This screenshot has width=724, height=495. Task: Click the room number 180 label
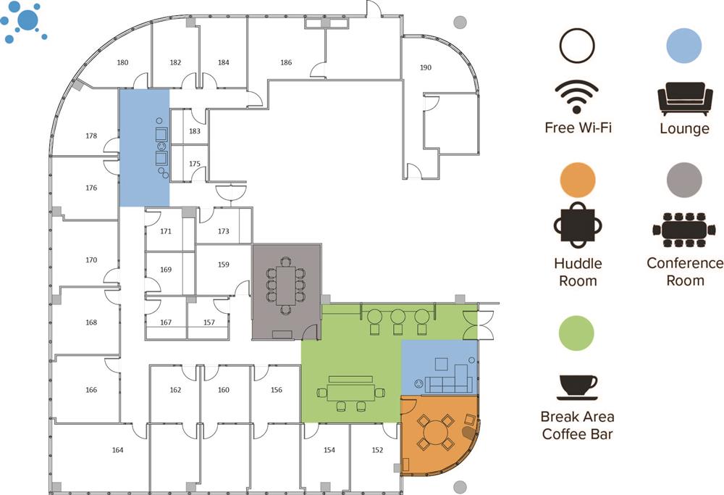click(123, 63)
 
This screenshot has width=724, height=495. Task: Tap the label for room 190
click(426, 67)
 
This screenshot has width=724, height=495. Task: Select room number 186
click(286, 63)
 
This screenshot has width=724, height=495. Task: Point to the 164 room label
click(117, 450)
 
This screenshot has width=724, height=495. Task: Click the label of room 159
click(224, 265)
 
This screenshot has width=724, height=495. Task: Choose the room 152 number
click(377, 450)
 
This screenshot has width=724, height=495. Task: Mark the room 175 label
click(194, 164)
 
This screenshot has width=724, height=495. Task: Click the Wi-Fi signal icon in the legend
click(576, 97)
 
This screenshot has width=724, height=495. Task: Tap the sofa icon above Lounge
click(683, 99)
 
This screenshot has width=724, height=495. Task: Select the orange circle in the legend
click(577, 180)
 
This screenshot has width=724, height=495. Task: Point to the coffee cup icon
click(577, 387)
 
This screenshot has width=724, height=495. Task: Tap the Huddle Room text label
click(578, 272)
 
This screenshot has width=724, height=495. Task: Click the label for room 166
click(91, 390)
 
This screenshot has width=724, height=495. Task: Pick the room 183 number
click(194, 131)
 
